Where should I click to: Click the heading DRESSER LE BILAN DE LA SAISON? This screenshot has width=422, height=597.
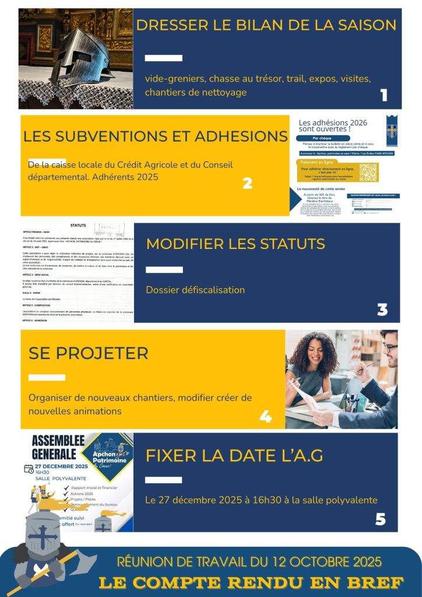tap(266, 26)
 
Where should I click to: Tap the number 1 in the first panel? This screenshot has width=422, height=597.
tap(384, 96)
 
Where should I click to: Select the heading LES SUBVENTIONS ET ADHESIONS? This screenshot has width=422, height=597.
tap(155, 136)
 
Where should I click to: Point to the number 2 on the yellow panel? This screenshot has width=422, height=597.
tap(247, 183)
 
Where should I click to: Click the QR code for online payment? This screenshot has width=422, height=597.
tap(368, 172)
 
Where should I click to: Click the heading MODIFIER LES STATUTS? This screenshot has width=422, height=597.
tap(235, 244)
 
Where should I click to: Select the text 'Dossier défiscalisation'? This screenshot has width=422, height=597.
tap(195, 290)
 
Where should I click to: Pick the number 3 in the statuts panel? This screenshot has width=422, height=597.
tap(382, 310)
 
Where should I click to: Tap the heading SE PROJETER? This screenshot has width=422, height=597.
tap(88, 353)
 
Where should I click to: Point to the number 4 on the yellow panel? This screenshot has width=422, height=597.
tap(265, 416)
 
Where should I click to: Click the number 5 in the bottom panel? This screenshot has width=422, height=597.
tap(381, 519)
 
